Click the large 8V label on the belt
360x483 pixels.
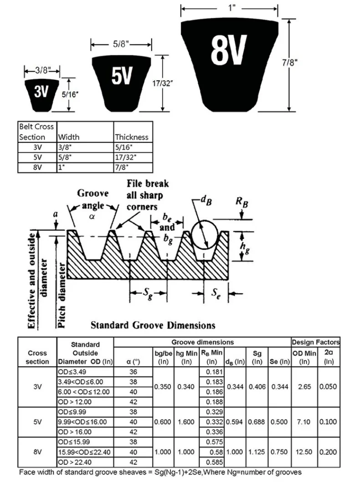click(229, 50)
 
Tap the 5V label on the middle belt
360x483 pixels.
click(122, 76)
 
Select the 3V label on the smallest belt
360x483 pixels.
click(41, 92)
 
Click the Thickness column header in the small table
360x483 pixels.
click(132, 137)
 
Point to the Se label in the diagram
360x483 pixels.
click(216, 294)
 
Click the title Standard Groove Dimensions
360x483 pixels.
click(153, 326)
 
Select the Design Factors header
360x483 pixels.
click(316, 342)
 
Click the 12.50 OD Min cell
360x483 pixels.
click(304, 452)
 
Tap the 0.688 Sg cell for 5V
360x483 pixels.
click(257, 422)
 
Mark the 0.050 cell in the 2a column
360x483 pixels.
click(328, 387)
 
